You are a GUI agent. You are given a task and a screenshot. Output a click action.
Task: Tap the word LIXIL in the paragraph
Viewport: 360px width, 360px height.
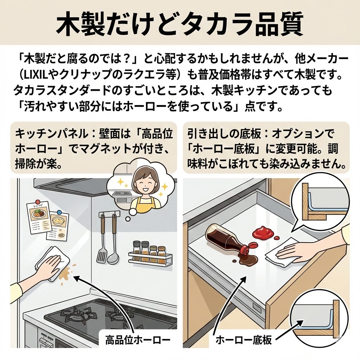click(38, 76)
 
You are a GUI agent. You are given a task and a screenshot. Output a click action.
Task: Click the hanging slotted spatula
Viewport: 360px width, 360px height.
click(102, 243)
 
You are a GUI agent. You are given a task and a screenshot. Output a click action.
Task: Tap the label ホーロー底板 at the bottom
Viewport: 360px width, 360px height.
click(243, 340)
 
